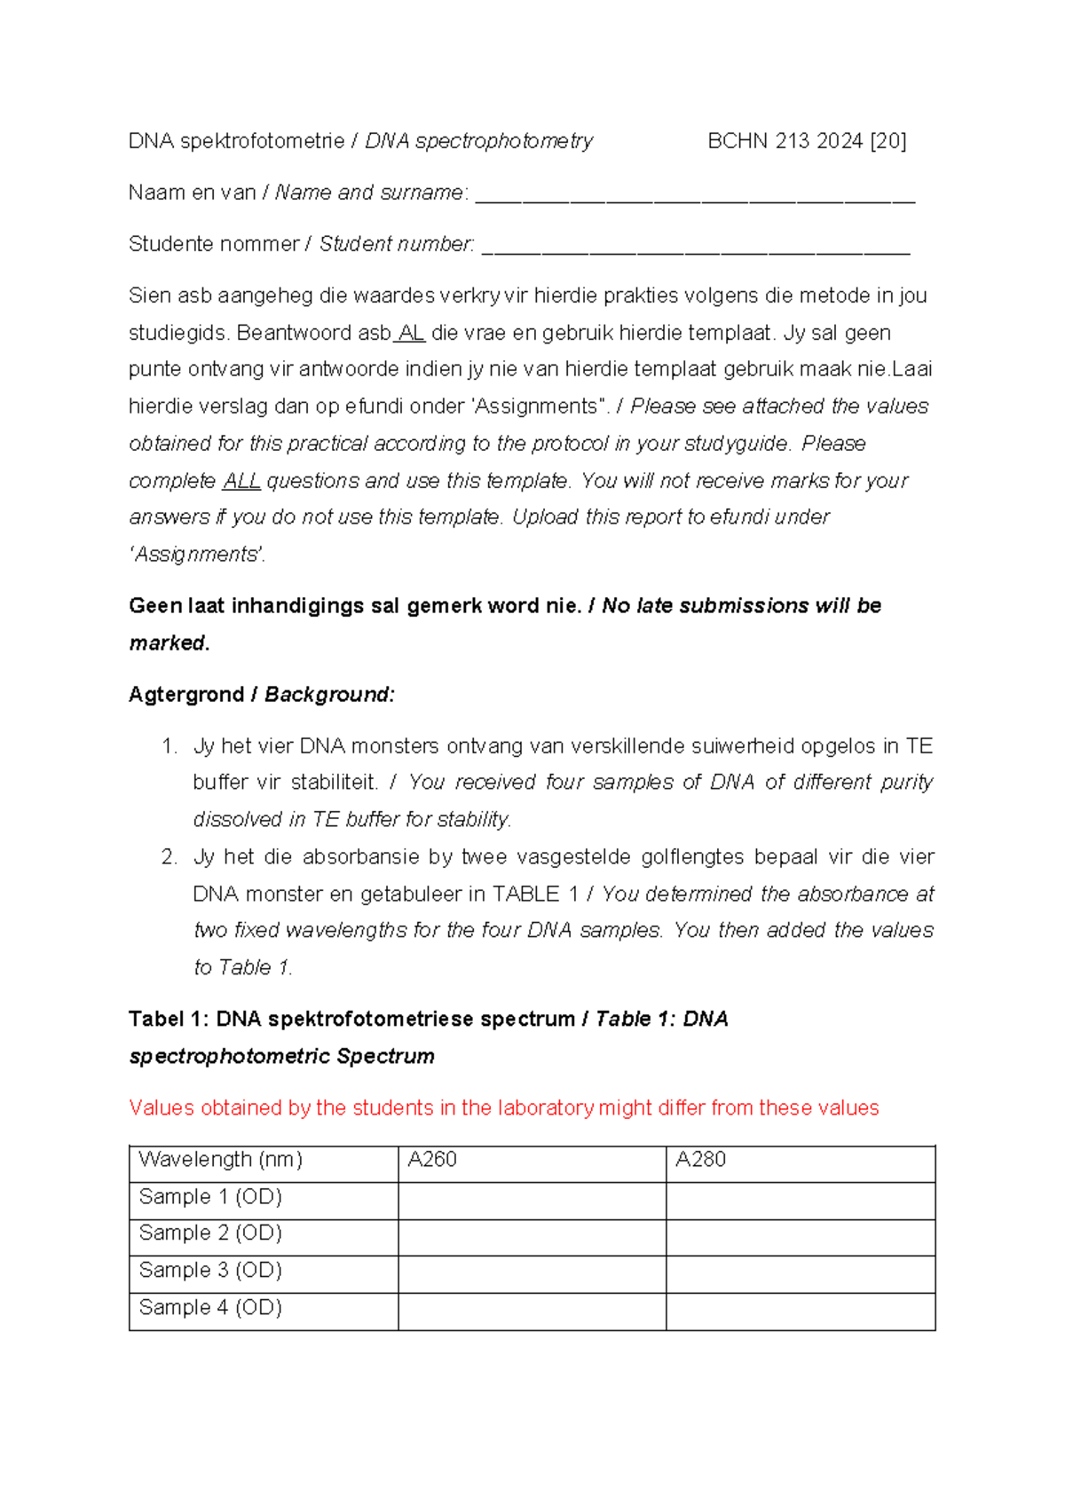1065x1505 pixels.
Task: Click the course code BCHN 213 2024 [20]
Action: (x=807, y=141)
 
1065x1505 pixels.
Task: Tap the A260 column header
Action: (x=432, y=1160)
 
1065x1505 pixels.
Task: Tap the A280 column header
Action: (x=700, y=1160)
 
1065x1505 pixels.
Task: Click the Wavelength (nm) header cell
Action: (x=221, y=1160)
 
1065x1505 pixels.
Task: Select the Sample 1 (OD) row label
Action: (x=210, y=1197)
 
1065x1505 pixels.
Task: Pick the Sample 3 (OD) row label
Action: (x=210, y=1271)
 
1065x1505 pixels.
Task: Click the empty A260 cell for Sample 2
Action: (x=532, y=1237)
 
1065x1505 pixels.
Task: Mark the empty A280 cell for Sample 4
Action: (x=801, y=1312)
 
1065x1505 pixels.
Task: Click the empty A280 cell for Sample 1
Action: (x=801, y=1201)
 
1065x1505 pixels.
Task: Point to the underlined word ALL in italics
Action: (x=241, y=481)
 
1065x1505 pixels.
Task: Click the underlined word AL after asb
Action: (x=412, y=334)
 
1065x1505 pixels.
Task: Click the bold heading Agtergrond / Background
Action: (x=262, y=695)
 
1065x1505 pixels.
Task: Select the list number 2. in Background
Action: (x=170, y=857)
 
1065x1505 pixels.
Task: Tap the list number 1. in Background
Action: (x=170, y=746)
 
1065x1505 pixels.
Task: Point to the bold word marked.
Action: (x=169, y=643)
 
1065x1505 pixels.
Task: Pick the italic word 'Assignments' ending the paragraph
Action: (x=197, y=555)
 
